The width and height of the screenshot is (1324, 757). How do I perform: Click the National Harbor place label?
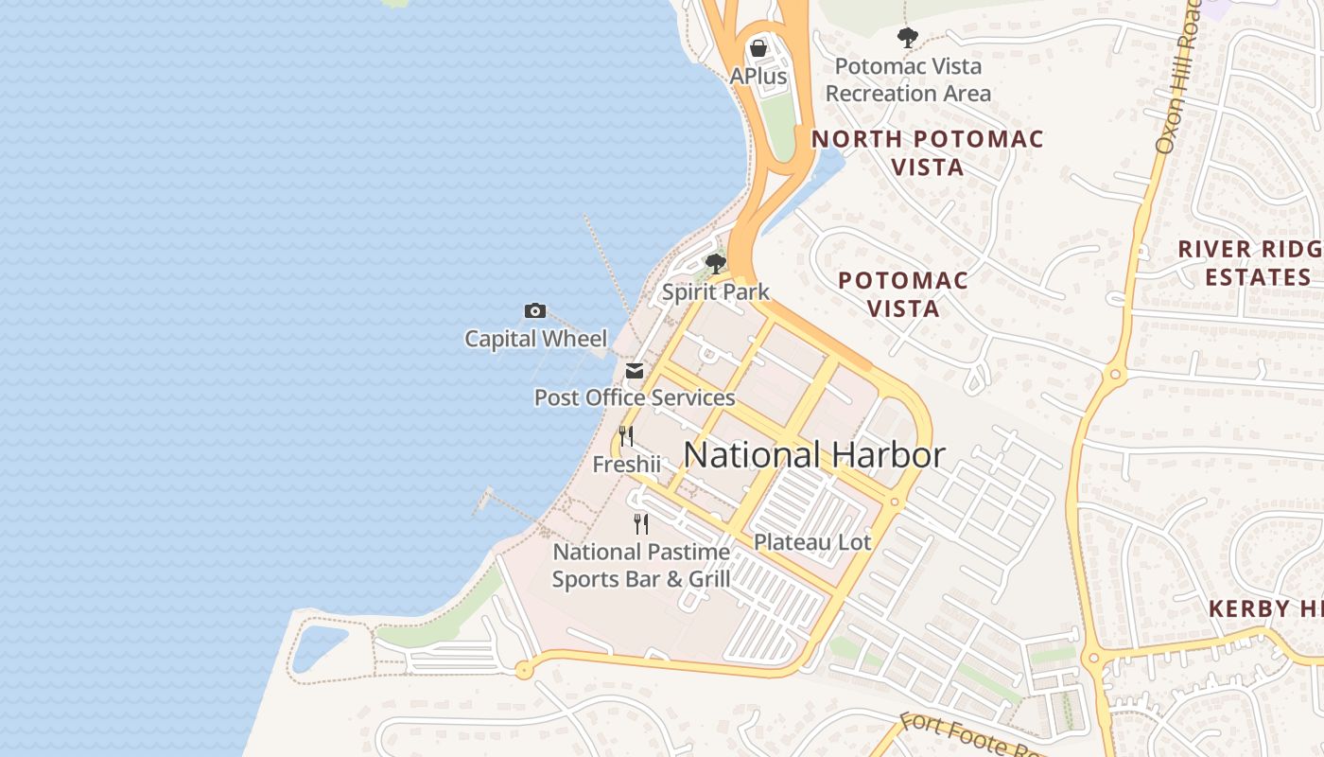tap(813, 455)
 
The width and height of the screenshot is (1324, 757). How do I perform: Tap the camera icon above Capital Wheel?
tap(535, 310)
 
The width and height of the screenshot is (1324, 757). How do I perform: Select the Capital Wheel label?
tap(535, 338)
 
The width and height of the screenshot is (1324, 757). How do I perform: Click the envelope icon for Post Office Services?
tap(634, 371)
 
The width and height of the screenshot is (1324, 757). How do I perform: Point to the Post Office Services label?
tap(634, 397)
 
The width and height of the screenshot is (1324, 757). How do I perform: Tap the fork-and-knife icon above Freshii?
tap(626, 436)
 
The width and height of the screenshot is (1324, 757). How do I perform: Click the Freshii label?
tap(626, 465)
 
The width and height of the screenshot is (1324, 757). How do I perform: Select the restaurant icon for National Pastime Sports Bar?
tap(641, 523)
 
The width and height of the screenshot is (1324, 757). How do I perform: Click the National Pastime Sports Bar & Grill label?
tap(641, 565)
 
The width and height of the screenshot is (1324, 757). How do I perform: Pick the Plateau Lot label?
tap(812, 542)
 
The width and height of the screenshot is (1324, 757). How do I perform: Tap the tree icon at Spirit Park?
tap(716, 263)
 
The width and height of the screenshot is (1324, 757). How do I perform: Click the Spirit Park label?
tap(716, 291)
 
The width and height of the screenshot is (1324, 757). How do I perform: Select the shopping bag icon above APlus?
tap(758, 48)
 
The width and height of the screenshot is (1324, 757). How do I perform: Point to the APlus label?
tap(758, 76)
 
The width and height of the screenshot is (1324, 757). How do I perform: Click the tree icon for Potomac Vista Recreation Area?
tap(907, 38)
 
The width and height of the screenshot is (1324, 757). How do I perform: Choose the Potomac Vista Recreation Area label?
tap(908, 79)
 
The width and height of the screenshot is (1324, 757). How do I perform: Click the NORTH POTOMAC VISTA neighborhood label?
tap(928, 152)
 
